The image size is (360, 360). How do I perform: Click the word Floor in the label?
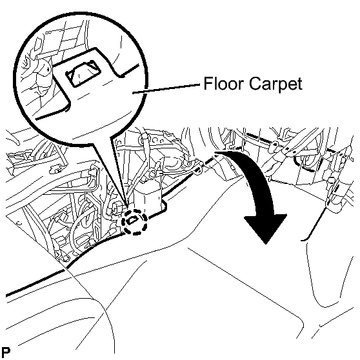223,83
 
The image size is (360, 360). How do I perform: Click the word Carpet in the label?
275,85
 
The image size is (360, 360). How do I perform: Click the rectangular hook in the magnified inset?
83,73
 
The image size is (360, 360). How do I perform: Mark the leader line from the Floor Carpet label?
167,88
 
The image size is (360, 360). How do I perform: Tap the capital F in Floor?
208,83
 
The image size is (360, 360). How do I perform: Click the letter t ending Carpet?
299,84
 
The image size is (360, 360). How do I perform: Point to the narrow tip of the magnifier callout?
126,205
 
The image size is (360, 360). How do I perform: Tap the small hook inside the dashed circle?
132,221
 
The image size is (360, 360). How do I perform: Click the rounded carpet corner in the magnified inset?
68,104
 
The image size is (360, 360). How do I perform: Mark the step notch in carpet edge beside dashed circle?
165,206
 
